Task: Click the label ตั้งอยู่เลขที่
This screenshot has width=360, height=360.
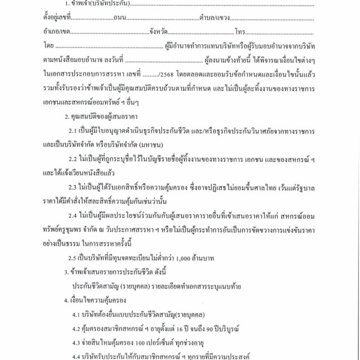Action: tap(56, 19)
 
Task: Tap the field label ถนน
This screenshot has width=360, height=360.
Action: tap(118, 19)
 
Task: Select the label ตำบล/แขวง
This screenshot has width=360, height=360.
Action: tap(214, 19)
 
